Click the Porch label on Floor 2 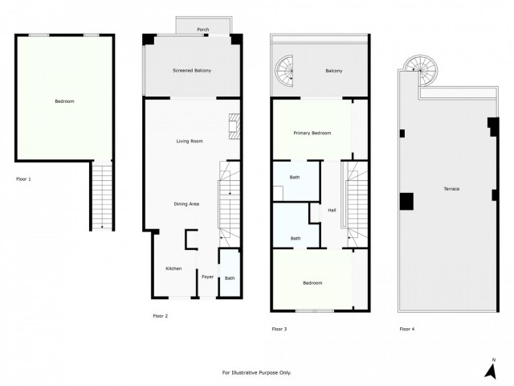coord(203,30)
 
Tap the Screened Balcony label coord(192,71)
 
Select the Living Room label coord(190,142)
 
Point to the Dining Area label coord(186,203)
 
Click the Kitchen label coord(173,269)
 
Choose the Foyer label coord(207,277)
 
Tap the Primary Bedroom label coord(312,133)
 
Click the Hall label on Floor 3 coord(332,211)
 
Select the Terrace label coord(451,188)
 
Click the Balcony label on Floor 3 coord(333,71)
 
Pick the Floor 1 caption coord(23,179)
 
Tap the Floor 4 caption coord(407,329)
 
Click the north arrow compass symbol coord(490,368)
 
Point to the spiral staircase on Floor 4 coord(418,69)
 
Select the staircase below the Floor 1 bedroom coord(101,195)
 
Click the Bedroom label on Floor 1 coord(64,101)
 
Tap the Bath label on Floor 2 coord(230,278)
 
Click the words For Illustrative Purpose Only coord(256,372)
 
